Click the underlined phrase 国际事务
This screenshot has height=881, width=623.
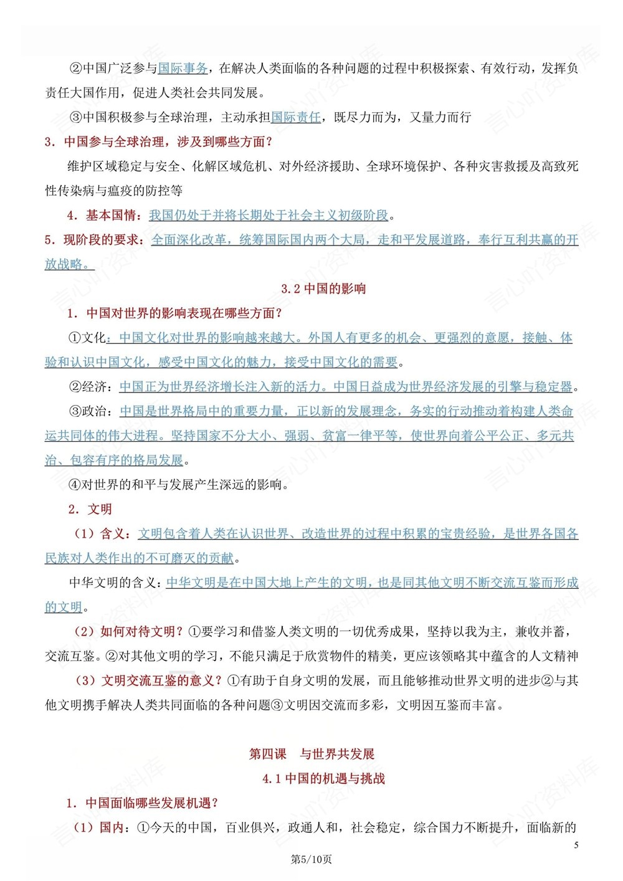183,68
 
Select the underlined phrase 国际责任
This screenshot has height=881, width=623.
296,117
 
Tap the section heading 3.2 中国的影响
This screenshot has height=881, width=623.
323,288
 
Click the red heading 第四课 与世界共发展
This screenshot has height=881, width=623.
311,754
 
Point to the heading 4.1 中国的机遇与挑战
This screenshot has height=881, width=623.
323,778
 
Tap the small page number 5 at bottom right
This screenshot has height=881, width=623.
576,845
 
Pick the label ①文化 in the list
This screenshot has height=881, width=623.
87,338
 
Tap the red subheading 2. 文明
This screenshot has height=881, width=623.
90,509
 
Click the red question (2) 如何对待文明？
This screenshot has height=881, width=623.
128,632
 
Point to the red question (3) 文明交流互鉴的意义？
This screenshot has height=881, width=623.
148,680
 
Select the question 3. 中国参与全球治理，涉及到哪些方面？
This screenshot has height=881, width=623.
159,142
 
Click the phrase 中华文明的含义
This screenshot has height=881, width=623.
115,583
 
